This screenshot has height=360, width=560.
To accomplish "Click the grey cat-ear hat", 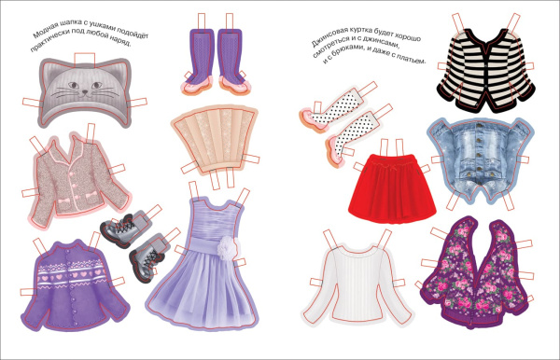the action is click(85, 92).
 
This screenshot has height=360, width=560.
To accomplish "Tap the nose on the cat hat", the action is click(85, 91).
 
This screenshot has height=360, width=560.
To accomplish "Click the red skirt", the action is click(393, 188).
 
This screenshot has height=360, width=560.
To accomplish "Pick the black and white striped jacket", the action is click(486, 70).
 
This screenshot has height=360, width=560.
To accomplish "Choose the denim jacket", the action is click(480, 160).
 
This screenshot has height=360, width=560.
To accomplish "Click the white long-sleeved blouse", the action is click(358, 285).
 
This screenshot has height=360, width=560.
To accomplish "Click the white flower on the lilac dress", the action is click(227, 247).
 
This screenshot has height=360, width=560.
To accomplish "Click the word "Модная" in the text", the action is click(44, 32).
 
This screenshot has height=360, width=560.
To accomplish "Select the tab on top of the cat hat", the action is click(85, 60).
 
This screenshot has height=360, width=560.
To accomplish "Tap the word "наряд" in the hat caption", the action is click(121, 42).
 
